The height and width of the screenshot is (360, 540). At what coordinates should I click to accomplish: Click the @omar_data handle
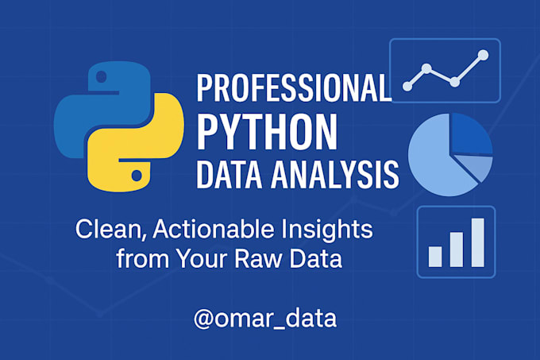coord(264,319)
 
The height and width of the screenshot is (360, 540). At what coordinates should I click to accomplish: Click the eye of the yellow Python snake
coord(137,172)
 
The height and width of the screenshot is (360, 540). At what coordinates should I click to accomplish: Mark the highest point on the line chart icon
coord(482,56)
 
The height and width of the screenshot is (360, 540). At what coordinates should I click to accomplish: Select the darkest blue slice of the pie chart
coord(470,135)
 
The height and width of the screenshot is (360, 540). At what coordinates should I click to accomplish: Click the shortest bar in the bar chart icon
coord(435,255)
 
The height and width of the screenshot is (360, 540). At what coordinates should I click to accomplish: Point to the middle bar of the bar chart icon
coord(457,248)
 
